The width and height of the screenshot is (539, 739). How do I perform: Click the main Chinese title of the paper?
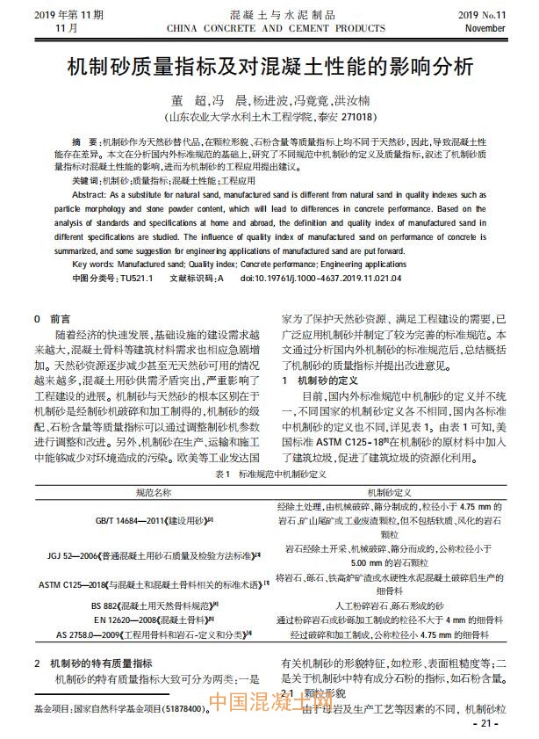(269, 68)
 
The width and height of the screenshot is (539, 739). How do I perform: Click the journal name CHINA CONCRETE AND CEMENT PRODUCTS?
(270, 28)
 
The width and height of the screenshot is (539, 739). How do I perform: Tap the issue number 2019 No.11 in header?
(482, 15)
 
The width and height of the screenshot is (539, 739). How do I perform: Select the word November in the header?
(485, 28)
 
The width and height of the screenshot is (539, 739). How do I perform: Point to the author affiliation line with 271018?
(270, 116)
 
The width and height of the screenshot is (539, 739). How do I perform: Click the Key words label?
(94, 263)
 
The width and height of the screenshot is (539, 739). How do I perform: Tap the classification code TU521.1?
(135, 278)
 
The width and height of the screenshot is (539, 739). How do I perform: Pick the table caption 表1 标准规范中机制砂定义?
(269, 474)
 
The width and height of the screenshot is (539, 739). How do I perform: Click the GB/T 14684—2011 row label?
(154, 521)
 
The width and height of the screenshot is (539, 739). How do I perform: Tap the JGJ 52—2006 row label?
(154, 555)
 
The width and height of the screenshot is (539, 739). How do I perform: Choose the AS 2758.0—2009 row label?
(153, 633)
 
